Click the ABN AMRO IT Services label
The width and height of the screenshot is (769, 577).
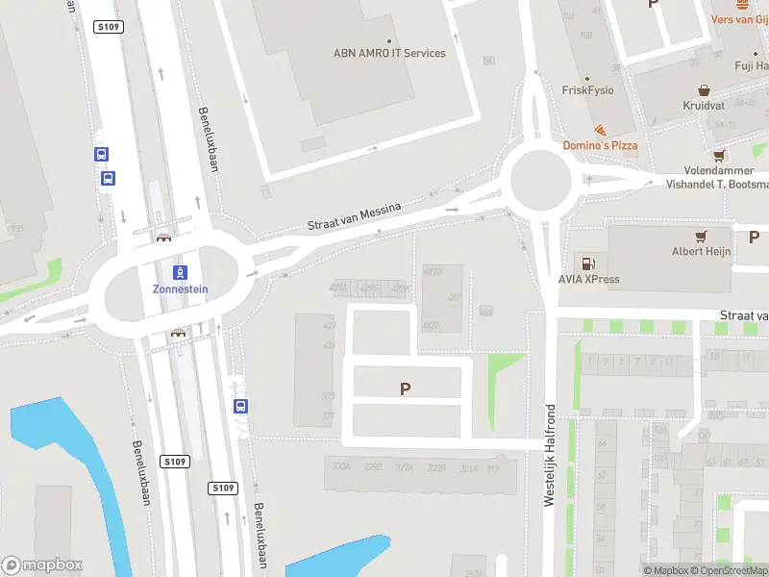[x=389, y=53]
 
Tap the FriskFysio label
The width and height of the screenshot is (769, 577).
[x=587, y=90]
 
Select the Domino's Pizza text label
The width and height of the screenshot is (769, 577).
[x=600, y=145]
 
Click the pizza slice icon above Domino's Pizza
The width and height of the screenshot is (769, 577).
[x=601, y=129]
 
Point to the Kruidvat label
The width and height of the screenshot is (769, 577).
[x=703, y=105]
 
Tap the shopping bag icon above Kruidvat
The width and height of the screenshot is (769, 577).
[x=703, y=88]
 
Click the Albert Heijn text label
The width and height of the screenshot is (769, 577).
[x=701, y=252]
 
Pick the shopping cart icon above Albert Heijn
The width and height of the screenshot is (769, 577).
[x=702, y=236]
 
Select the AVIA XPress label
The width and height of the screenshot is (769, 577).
[x=589, y=280]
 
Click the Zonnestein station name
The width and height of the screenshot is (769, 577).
[x=180, y=288]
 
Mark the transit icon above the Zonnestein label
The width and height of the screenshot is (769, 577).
[x=180, y=272]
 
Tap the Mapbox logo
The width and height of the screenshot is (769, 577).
[x=42, y=565]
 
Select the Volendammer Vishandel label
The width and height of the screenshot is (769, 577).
[x=716, y=177]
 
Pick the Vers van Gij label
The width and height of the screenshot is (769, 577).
[x=738, y=19]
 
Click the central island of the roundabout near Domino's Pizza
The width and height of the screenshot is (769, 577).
[x=541, y=179]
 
